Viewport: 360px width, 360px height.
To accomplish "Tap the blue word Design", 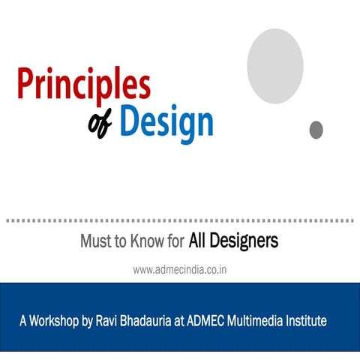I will (166, 121).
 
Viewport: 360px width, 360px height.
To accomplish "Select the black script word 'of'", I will (100, 124).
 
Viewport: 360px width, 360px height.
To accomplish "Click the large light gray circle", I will (275, 66).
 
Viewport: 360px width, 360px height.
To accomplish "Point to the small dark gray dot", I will (316, 130).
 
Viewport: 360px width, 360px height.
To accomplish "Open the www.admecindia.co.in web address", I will (179, 268).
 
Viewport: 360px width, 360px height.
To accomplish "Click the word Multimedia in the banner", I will (262, 322).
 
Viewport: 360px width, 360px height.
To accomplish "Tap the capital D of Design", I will (130, 119).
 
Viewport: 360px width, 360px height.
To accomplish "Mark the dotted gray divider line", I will (179, 221).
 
